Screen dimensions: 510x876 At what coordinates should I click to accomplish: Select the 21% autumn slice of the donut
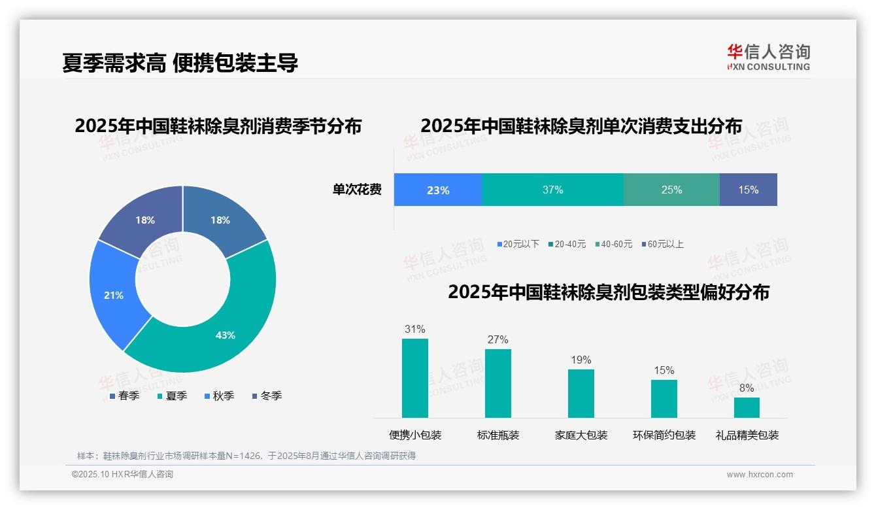(113, 296)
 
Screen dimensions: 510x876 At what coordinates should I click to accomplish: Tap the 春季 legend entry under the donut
(124, 396)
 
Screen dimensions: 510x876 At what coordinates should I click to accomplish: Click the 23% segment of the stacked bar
(437, 190)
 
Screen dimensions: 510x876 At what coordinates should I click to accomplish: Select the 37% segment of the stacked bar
(552, 190)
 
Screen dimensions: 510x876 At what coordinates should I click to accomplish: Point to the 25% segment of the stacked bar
(671, 190)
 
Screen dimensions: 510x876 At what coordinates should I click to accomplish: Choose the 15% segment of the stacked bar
(749, 190)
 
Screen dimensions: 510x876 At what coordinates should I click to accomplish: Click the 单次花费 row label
(357, 190)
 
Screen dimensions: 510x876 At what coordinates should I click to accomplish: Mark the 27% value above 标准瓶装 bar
(497, 340)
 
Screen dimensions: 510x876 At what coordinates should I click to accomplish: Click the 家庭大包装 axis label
(581, 435)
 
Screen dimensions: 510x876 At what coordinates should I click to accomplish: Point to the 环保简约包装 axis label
(664, 435)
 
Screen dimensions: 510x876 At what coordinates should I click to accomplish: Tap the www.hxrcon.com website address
(760, 475)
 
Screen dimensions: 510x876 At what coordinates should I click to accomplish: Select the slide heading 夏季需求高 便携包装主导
(180, 63)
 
